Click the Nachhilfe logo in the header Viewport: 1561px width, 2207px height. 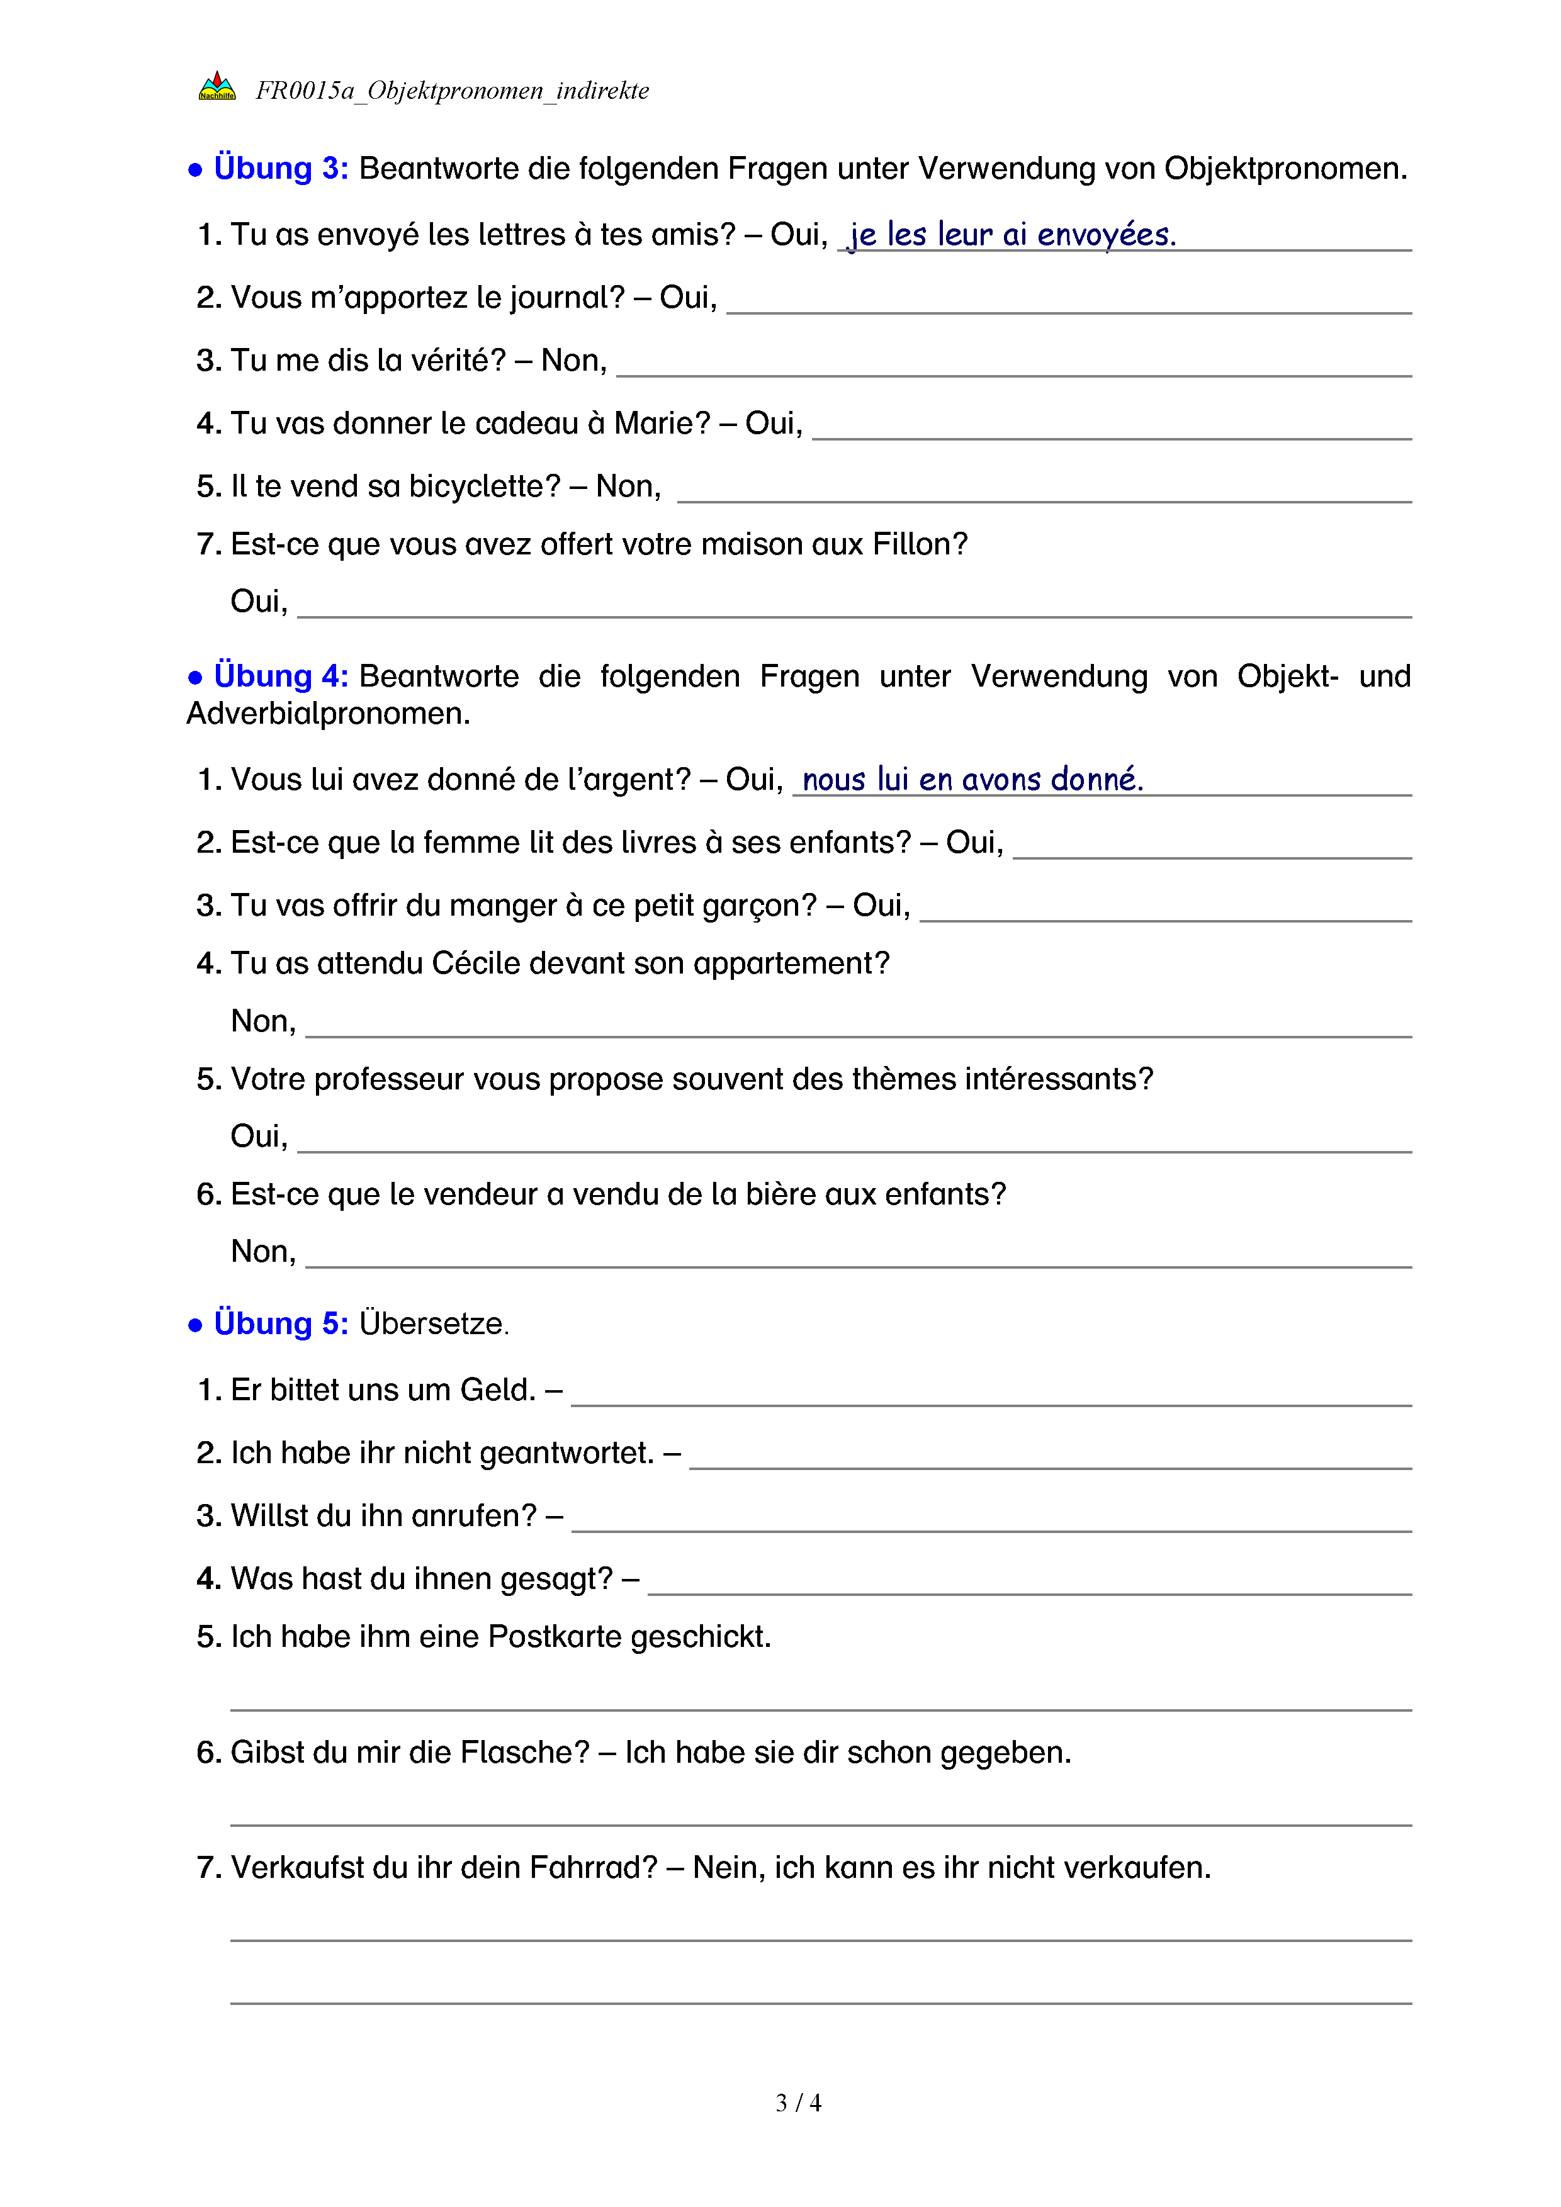pyautogui.click(x=217, y=87)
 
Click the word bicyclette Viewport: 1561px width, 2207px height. pyautogui.click(x=483, y=486)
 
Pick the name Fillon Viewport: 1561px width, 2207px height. pyautogui.click(x=919, y=544)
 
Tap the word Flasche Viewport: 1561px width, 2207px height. pyautogui.click(x=524, y=1753)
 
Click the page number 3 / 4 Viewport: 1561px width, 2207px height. pyautogui.click(x=797, y=2103)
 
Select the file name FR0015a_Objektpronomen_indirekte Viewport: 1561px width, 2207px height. pyautogui.click(x=452, y=91)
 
